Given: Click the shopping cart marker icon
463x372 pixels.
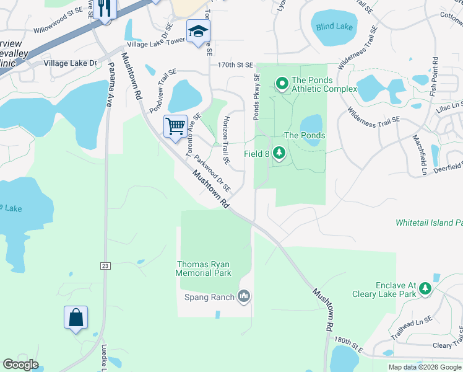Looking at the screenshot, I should [176, 126].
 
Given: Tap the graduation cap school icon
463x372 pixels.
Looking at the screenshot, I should [198, 31].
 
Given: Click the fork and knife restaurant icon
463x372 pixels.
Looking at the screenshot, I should [104, 9].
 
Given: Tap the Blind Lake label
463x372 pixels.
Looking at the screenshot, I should [334, 27].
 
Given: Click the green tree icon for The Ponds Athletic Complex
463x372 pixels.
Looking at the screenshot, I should [282, 82].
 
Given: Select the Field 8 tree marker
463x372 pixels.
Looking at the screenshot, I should [279, 152].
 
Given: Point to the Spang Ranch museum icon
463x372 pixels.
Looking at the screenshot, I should [244, 297].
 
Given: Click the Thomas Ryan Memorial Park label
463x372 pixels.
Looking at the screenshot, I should [203, 268].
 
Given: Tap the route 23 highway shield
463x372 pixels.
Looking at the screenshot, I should [105, 265].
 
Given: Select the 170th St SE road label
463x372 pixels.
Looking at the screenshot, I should [235, 64].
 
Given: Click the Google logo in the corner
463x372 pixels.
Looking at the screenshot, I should [20, 365].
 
